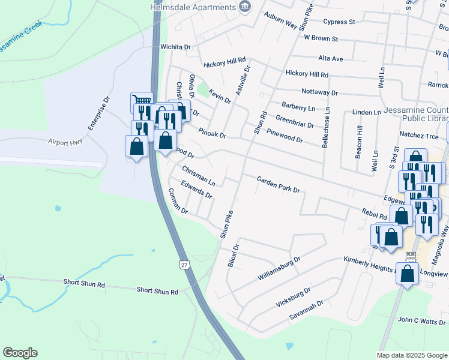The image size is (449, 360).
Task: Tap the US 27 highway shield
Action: [183, 264]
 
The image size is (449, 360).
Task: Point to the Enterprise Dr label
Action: [99, 114]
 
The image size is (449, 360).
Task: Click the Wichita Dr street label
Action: [175, 46]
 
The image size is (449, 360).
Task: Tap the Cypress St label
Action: [339, 22]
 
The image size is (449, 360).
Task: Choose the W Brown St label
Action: [321, 38]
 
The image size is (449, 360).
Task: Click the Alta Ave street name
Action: [330, 59]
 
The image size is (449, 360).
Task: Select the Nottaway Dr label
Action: [319, 93]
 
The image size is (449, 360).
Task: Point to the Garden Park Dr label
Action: [278, 184]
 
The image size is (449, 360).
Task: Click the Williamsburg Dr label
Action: [279, 268]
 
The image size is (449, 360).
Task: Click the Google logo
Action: [20, 353]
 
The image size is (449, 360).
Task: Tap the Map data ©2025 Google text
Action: [412, 355]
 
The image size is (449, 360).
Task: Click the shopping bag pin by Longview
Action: [408, 274]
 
